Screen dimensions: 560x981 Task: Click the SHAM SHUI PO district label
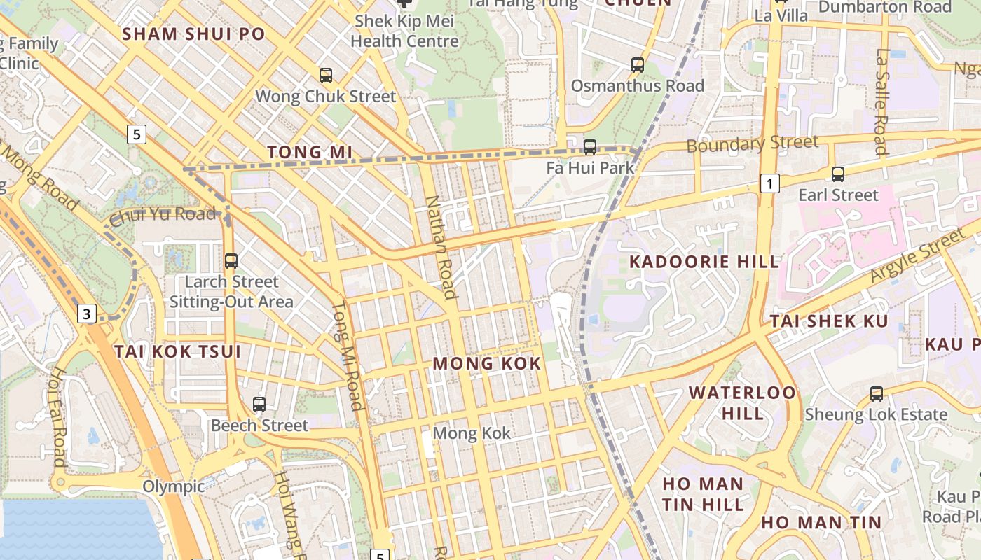(x=194, y=34)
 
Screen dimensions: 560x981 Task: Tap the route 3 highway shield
(x=86, y=314)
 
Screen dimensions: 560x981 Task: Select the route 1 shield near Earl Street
(x=769, y=184)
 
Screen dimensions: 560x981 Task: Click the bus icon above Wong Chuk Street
(x=326, y=76)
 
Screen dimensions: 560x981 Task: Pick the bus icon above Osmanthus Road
(x=637, y=65)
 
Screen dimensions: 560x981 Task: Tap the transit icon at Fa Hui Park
(x=590, y=147)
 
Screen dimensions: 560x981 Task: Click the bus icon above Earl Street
(x=837, y=174)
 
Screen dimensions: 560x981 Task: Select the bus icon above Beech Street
(x=259, y=405)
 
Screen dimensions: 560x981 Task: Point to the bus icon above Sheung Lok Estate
(x=876, y=394)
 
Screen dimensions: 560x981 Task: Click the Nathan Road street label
(x=441, y=246)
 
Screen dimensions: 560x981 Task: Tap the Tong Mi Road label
(x=348, y=356)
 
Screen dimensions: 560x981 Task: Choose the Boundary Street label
(x=752, y=144)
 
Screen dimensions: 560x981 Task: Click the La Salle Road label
(x=881, y=101)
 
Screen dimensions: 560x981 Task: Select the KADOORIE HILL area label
(x=704, y=262)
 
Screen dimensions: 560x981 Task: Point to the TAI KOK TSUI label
(x=177, y=351)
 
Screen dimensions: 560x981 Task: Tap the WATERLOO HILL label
(x=742, y=402)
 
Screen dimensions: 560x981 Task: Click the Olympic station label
(x=174, y=486)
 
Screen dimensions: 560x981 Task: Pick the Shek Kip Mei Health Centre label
(x=404, y=31)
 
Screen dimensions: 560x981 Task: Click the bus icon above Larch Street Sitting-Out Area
(x=231, y=261)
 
